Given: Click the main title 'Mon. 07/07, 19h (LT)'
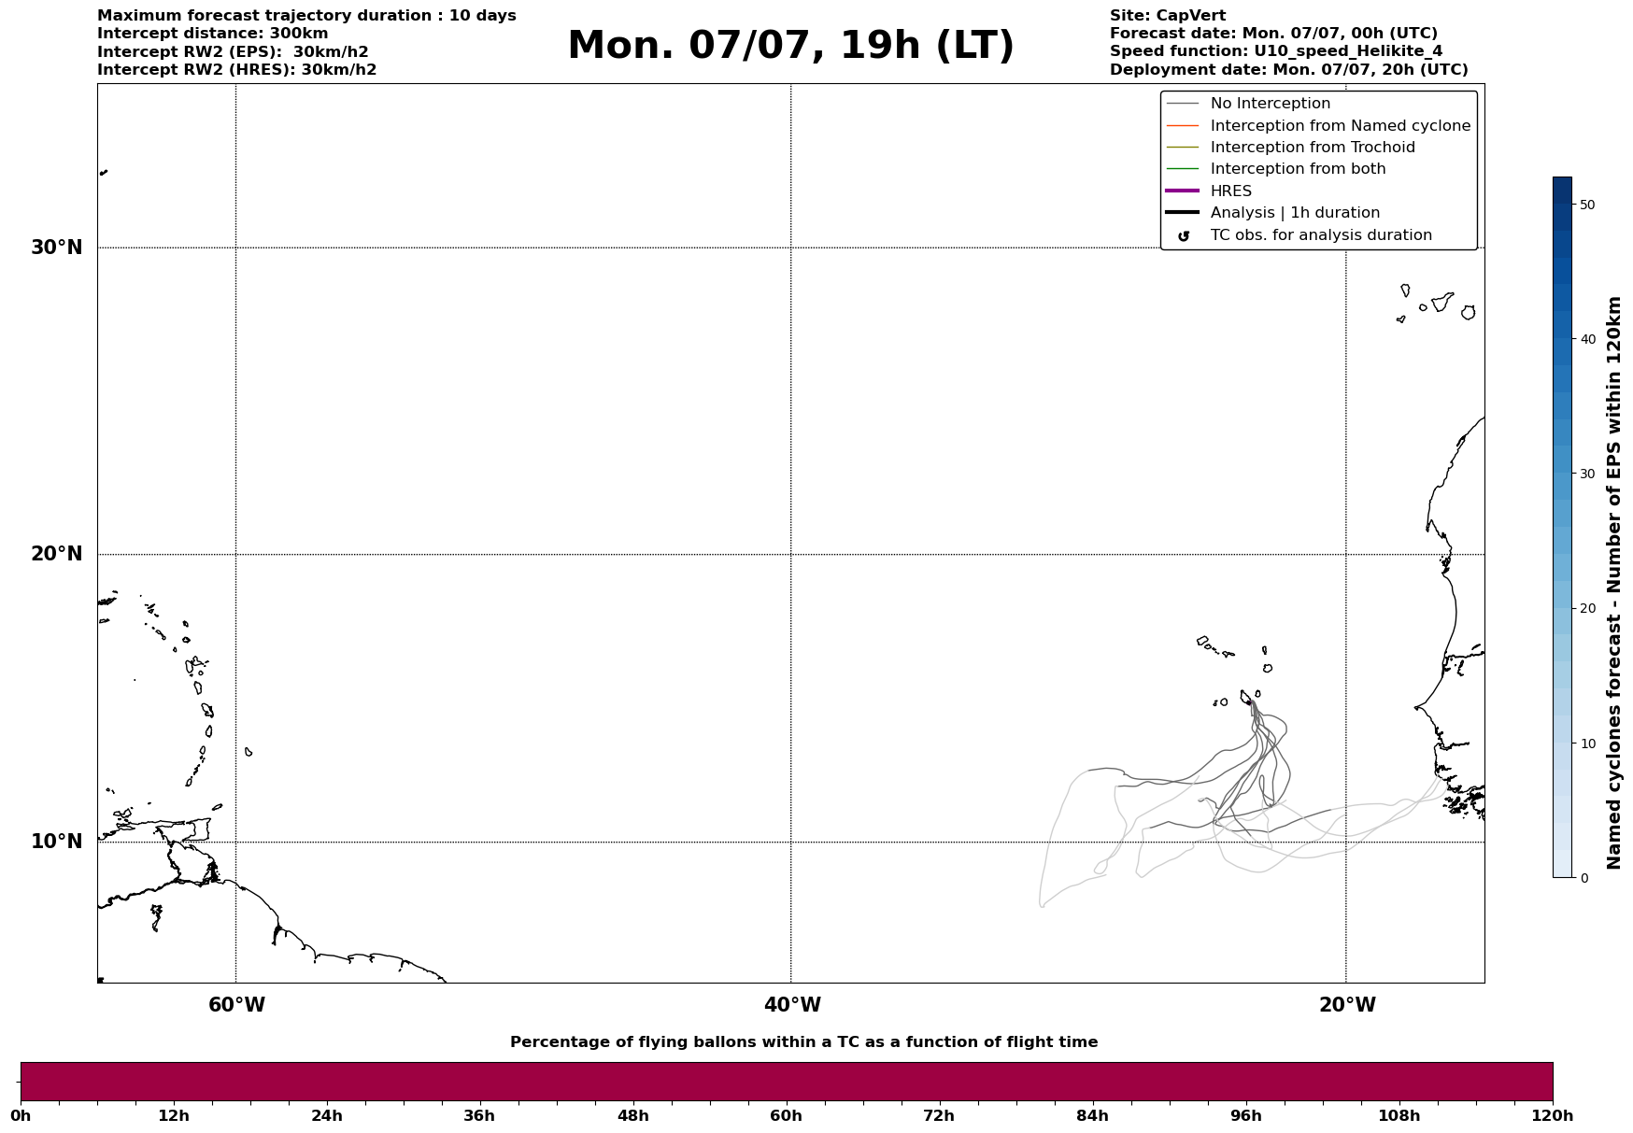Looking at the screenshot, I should pos(790,46).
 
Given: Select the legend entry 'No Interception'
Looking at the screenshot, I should pos(1270,104).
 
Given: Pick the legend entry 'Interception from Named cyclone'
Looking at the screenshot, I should pos(1340,126).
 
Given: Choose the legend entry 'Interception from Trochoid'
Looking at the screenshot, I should pos(1312,148).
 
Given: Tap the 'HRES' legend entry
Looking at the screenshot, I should pos(1230,191).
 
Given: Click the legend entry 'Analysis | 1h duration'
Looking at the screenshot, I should pos(1294,213).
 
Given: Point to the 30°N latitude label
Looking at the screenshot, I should pos(57,248).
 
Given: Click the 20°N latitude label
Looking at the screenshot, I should pos(57,554).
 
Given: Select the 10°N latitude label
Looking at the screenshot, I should pos(57,842).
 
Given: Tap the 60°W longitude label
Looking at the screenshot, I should pos(236,1005).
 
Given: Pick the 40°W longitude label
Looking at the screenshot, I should pos(792,1005).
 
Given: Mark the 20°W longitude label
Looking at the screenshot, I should pos(1347,1005).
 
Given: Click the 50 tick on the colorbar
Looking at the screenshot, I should pos(1586,205).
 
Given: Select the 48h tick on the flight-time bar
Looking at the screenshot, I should pos(632,1116).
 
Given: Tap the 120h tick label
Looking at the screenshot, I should pos(1552,1116).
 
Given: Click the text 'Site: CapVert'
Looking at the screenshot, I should pos(1167,16).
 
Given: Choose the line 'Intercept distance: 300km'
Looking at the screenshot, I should pos(213,34).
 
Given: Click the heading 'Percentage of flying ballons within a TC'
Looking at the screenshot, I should pos(803,1042).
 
